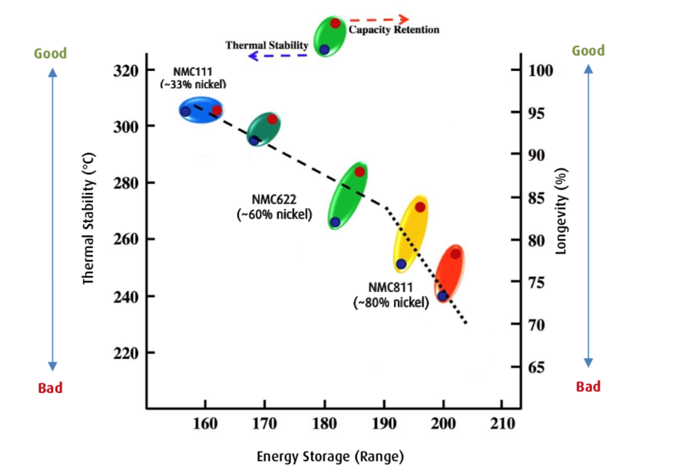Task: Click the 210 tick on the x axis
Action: coord(503,423)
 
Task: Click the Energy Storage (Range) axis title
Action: coord(330,457)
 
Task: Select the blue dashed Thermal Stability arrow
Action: coord(277,55)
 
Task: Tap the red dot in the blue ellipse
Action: coord(217,110)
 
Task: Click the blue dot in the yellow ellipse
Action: coord(401,264)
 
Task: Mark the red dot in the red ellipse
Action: coord(455,254)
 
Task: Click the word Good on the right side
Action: coord(588,50)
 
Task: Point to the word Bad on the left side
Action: coord(50,388)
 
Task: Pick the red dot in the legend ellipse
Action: coord(335,23)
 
